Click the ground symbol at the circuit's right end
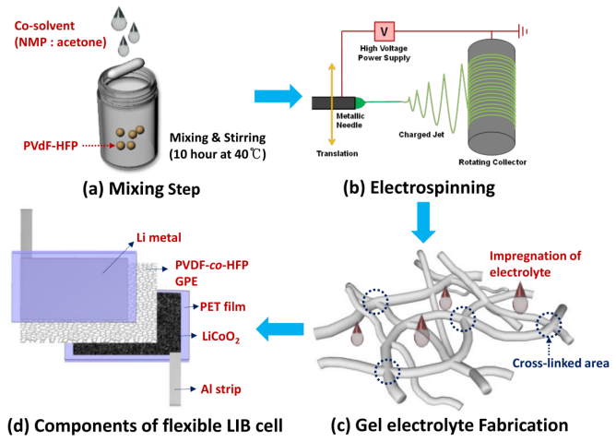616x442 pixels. (x=523, y=30)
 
